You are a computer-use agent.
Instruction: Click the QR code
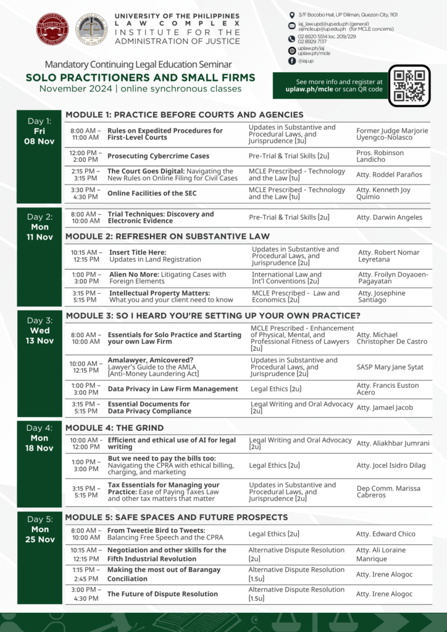(x=409, y=86)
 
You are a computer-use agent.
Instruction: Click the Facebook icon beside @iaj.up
(x=292, y=61)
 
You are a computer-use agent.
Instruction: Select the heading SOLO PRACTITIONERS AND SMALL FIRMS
(x=140, y=78)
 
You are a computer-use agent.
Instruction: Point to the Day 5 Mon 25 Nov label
(x=40, y=530)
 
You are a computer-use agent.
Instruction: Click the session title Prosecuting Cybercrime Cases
(x=158, y=156)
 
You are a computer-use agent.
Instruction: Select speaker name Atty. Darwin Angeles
(x=390, y=217)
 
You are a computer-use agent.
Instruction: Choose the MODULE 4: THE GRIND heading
(x=115, y=428)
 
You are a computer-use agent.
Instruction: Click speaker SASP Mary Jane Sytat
(x=390, y=367)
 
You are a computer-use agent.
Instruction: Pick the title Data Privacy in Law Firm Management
(x=172, y=389)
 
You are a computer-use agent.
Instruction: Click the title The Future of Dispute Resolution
(x=162, y=594)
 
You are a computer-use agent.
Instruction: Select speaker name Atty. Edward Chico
(x=386, y=534)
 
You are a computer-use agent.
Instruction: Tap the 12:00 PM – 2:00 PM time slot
(x=85, y=156)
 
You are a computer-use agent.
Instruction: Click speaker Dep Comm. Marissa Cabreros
(x=388, y=491)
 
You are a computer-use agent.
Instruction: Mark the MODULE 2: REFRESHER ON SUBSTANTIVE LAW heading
(x=168, y=236)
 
